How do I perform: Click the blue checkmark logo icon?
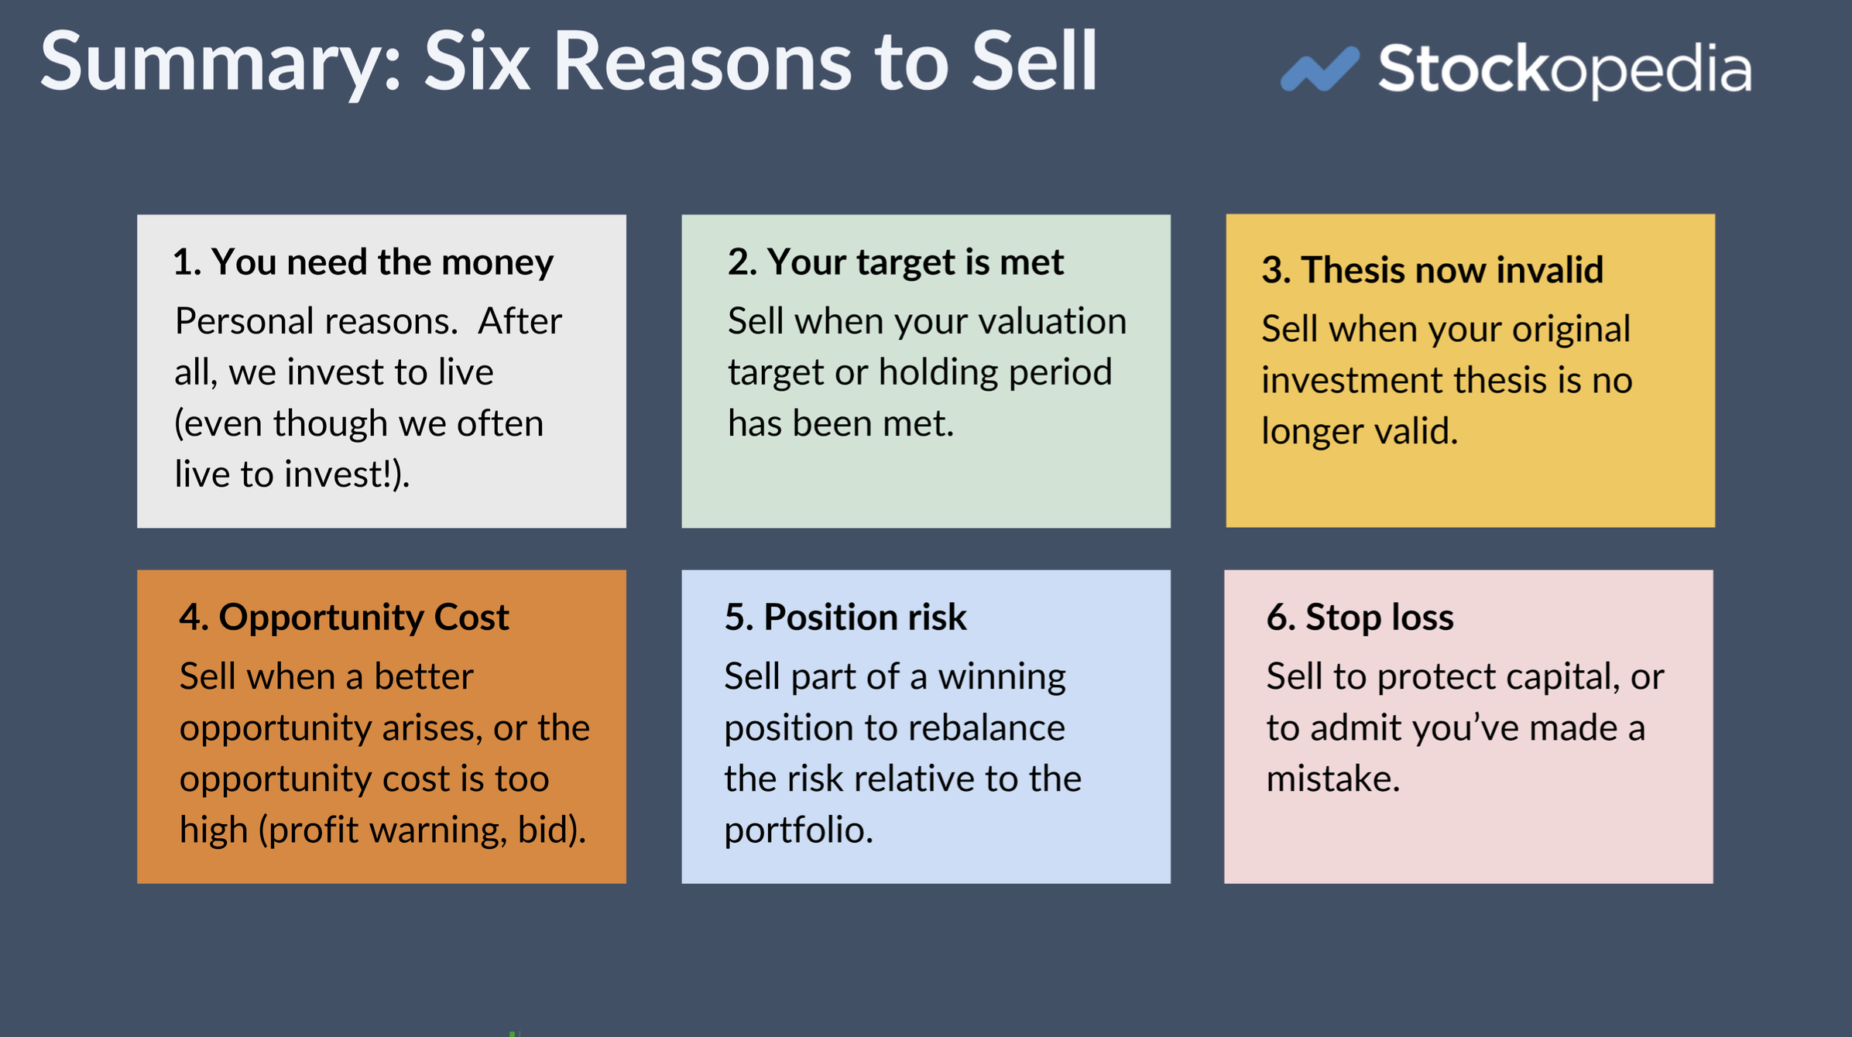pos(1319,69)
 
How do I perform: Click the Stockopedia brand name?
pos(1564,70)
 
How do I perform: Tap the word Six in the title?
pos(476,62)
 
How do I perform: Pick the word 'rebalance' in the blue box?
pos(986,728)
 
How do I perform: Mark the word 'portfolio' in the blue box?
pos(797,830)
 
